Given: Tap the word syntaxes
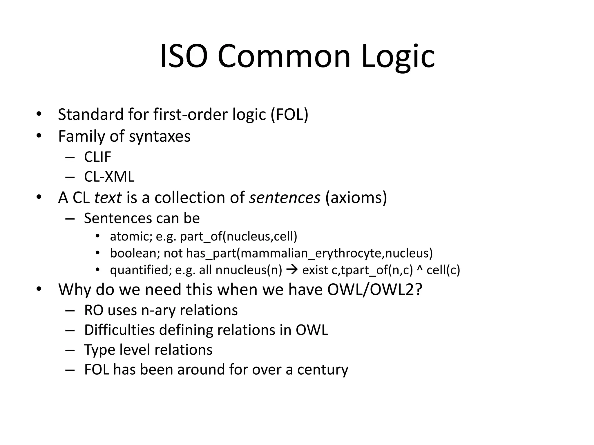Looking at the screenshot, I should (x=160, y=136).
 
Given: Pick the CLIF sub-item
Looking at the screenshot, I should (x=97, y=157).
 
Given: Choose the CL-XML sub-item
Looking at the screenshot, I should (x=109, y=177).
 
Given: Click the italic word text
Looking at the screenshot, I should (x=108, y=198).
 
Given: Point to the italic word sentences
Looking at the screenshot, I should (x=285, y=198).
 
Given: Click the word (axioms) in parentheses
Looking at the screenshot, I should (x=356, y=198).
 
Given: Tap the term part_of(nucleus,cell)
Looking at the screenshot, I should (x=238, y=236).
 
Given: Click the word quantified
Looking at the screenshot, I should (x=139, y=270).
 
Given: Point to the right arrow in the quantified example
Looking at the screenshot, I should (x=292, y=270).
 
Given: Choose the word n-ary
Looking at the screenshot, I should (x=158, y=310).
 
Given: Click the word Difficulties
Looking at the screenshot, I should (x=119, y=330).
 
